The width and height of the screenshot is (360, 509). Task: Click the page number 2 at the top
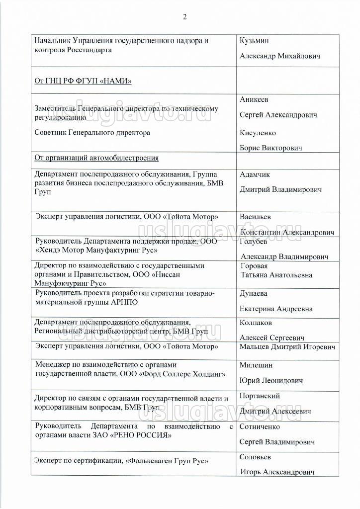click(x=184, y=17)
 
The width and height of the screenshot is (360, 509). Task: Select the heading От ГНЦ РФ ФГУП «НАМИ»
click(x=83, y=81)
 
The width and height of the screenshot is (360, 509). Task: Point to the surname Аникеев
click(x=254, y=99)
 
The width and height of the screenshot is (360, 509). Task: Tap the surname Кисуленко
click(x=258, y=133)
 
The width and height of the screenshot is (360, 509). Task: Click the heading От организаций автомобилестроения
click(x=96, y=158)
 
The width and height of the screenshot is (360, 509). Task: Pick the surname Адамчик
click(x=255, y=174)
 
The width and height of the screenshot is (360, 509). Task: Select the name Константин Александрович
click(x=287, y=232)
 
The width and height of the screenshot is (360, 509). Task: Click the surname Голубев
click(x=254, y=242)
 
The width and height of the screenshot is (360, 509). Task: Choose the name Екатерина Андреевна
click(x=276, y=309)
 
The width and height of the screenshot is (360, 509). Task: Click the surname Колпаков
click(x=256, y=323)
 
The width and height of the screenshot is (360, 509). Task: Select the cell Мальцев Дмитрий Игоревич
click(x=287, y=346)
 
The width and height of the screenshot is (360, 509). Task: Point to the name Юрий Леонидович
click(x=271, y=380)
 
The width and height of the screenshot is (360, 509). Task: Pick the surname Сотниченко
click(x=260, y=426)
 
